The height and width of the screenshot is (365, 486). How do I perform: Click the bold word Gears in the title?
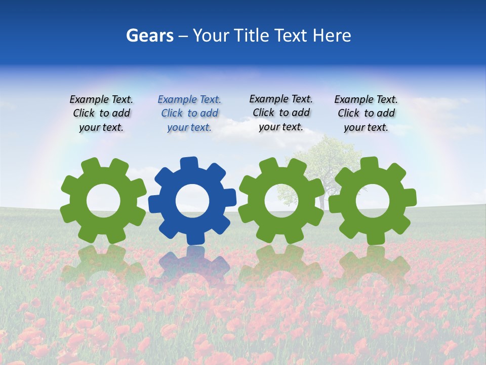149,35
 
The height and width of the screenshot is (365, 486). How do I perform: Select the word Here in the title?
332,35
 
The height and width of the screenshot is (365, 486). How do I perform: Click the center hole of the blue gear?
192,201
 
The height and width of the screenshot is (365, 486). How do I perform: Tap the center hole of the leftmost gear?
103,201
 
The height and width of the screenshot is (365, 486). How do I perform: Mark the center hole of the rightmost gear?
373,201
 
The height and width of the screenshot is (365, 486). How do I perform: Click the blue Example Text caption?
189,113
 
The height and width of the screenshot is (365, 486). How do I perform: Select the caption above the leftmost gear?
101,113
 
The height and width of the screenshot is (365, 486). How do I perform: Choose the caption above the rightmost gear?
366,113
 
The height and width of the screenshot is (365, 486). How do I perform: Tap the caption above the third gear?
281,113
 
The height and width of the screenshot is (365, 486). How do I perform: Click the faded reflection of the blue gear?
192,266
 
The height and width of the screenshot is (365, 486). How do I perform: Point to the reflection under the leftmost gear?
103,266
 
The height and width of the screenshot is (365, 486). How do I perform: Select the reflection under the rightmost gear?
373,266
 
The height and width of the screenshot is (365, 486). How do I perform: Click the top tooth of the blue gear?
189,164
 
